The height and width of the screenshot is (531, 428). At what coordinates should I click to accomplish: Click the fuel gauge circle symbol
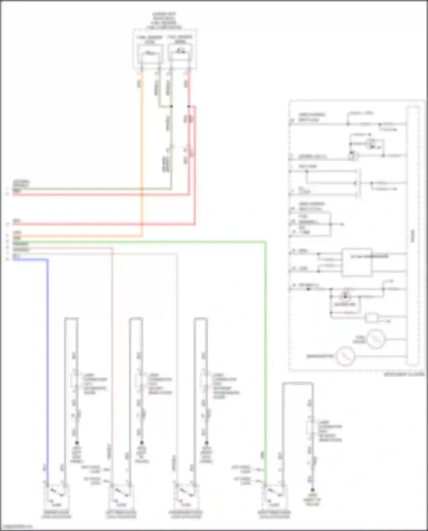point(376,339)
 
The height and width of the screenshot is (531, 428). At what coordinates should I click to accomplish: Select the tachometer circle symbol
point(345,356)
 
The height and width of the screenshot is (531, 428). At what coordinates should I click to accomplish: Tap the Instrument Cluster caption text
point(404,374)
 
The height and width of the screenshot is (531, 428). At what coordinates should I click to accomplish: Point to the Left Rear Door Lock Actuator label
point(121,514)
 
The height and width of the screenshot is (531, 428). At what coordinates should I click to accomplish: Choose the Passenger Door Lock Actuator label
point(186,514)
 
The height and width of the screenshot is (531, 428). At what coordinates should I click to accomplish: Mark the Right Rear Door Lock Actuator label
point(274,514)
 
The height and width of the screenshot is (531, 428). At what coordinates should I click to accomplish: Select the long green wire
point(265,342)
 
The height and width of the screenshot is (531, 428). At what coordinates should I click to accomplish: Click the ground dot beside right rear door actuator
point(312,490)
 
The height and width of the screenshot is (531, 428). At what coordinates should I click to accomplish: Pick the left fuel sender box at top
point(150,54)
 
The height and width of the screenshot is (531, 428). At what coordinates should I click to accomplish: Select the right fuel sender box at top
point(180,53)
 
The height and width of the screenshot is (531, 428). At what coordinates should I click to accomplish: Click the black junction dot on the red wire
point(189,106)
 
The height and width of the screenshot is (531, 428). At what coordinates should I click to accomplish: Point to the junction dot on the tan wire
point(171,106)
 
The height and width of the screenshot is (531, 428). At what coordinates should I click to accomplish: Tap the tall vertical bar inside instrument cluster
point(413,235)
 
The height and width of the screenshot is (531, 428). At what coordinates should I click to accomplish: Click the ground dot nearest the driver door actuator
point(77,443)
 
